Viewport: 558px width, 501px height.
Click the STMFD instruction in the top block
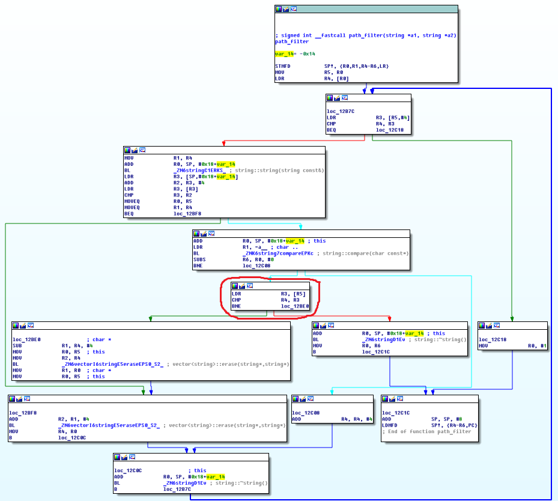(282, 66)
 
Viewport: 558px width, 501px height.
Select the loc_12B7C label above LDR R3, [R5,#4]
(341, 111)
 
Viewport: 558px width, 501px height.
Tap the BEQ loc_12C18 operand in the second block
(390, 130)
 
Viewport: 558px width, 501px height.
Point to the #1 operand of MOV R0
(543, 345)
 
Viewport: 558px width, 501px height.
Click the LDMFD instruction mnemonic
(389, 425)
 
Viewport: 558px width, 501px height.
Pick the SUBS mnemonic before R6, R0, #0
(199, 260)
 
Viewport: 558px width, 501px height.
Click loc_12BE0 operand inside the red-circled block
(295, 306)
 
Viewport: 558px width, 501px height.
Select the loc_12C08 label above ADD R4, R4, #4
(306, 413)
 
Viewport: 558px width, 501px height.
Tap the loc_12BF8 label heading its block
(23, 413)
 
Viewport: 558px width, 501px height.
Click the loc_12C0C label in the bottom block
(128, 470)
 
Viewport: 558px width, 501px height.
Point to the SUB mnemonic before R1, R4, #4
(17, 345)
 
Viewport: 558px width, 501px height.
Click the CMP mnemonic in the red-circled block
(236, 300)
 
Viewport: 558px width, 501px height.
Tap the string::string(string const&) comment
(279, 171)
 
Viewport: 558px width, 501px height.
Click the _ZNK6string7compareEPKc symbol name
(278, 254)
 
